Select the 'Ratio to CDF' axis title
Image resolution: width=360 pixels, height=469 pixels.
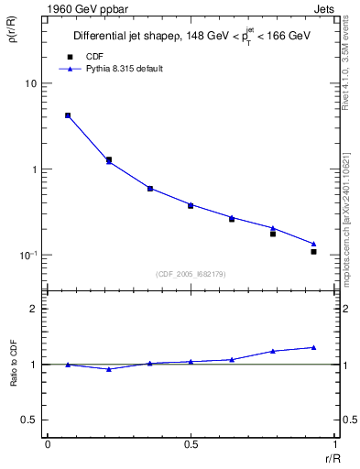(x=13, y=364)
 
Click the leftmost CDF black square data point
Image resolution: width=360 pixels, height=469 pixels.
(x=68, y=115)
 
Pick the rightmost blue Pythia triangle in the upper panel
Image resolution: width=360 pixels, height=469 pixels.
(x=313, y=244)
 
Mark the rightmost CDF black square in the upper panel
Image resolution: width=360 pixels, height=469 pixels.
(x=313, y=251)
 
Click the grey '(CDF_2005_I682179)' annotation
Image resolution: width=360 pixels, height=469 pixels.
(x=190, y=273)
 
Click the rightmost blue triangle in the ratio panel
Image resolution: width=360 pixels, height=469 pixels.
(x=313, y=347)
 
